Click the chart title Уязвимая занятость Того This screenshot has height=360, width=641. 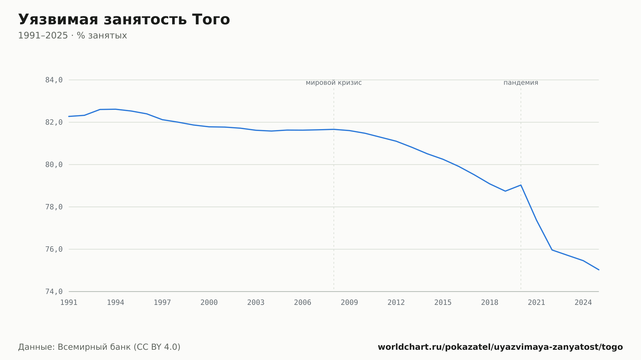(x=124, y=20)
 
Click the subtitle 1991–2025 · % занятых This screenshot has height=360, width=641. (x=72, y=36)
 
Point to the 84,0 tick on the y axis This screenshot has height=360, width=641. (x=54, y=80)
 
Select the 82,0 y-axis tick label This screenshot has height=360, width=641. (x=54, y=122)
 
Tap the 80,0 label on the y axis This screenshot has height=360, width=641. (x=54, y=165)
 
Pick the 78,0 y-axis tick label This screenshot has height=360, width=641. (x=54, y=207)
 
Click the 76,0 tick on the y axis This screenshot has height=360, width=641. (x=54, y=249)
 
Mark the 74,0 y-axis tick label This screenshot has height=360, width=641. (x=54, y=291)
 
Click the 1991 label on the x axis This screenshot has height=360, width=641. (x=69, y=303)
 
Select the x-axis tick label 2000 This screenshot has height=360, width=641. (x=209, y=303)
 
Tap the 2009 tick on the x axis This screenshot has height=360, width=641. (x=349, y=303)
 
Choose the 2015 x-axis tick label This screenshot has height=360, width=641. (x=443, y=303)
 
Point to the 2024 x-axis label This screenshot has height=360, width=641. (x=583, y=303)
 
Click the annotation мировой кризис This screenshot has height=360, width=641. (x=334, y=83)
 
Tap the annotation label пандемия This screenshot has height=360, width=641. (x=521, y=83)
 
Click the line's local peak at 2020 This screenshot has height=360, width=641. (x=521, y=185)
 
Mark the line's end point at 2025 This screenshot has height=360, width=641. (x=599, y=270)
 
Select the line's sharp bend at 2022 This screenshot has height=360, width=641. (x=552, y=250)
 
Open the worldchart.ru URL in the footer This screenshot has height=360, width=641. (x=500, y=347)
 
